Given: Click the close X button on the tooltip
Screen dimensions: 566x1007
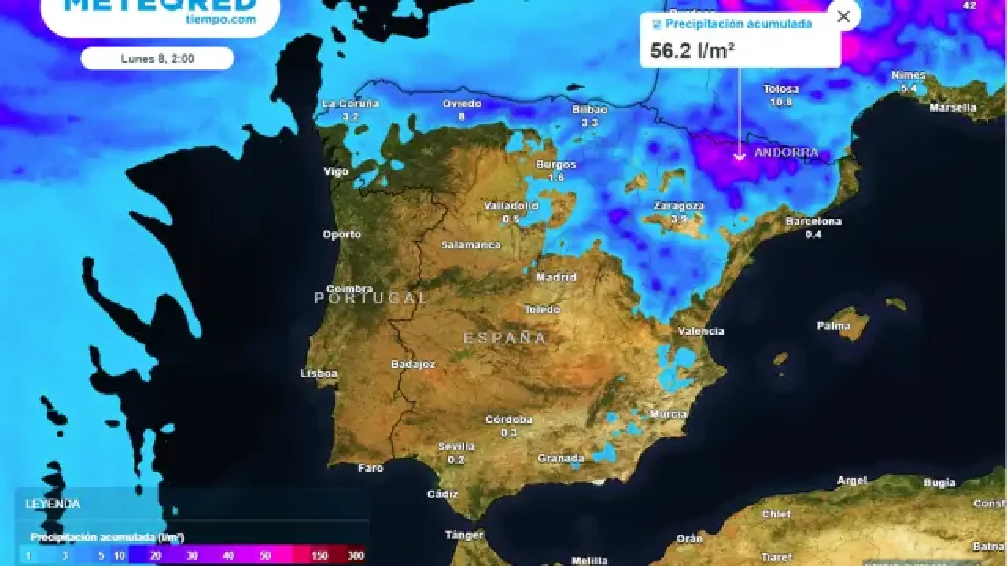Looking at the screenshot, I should pos(843,17).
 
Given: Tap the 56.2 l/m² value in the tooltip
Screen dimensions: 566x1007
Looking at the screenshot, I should pos(692,51).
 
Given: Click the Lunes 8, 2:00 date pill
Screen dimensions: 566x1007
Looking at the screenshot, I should pos(157,58).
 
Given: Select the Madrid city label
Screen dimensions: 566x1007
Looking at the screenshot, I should pos(556,277).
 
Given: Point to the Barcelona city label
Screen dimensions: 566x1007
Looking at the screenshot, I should pos(813,221).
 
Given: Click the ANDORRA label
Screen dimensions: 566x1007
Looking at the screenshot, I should pos(786,153).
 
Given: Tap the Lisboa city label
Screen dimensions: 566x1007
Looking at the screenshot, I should pos(318,373).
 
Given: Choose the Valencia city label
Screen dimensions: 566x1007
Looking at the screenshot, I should pos(701,331).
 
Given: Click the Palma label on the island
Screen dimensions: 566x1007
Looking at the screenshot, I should pos(833,326).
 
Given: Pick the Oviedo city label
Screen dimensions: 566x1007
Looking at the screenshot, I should pos(462,103).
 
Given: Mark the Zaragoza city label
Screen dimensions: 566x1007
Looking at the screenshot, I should pos(679,205).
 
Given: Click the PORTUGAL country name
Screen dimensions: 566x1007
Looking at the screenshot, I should pos(371,298).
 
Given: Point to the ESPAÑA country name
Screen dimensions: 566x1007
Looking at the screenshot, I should pos(505,338).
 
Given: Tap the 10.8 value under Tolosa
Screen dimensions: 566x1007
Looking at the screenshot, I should pos(781,102).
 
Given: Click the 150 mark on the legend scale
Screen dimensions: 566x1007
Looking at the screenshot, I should pos(319,556).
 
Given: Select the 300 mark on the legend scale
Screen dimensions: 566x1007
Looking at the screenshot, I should pos(356,556).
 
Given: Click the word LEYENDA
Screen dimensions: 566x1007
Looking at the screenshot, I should pos(53,504).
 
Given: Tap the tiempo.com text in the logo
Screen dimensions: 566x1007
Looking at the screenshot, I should pos(220,20).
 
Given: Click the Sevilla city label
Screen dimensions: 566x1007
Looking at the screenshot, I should pos(456,446).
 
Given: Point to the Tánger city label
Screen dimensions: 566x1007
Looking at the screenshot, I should pos(464,535).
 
